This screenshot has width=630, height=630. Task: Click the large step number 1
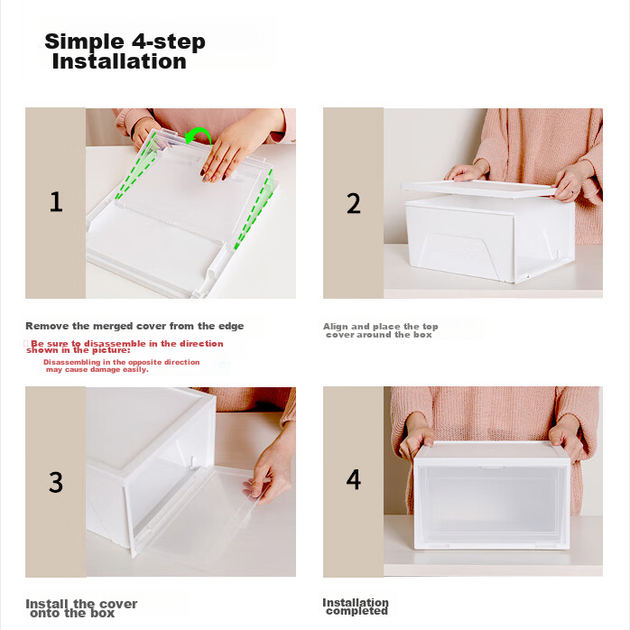click(56, 202)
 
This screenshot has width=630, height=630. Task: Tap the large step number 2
click(354, 203)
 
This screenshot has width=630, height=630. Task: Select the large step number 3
click(56, 482)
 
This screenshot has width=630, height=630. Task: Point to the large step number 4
click(354, 479)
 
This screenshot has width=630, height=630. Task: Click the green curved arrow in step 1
click(200, 133)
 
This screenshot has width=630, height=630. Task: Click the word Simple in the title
click(84, 42)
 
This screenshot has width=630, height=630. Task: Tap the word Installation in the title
click(119, 61)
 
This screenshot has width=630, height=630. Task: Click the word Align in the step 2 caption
click(335, 326)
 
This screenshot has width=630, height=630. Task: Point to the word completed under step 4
click(357, 611)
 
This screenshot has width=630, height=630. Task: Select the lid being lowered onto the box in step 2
click(480, 189)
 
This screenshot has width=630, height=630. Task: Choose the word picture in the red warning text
click(113, 350)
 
